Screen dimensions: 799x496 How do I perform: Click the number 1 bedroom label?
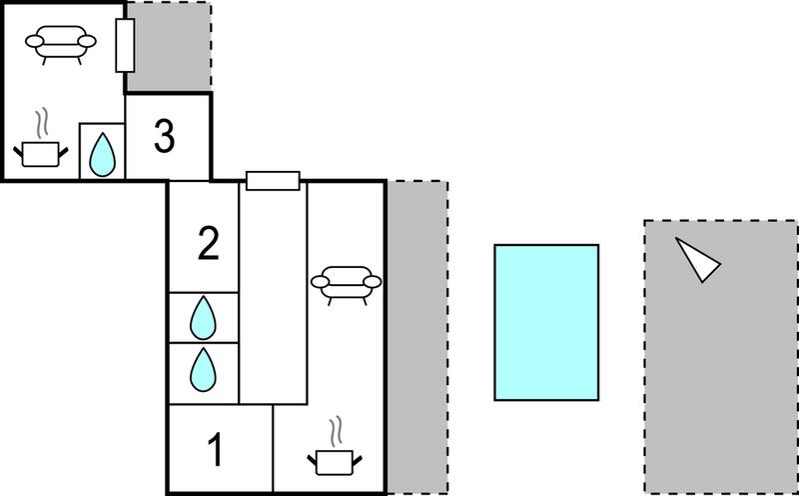pyautogui.click(x=216, y=450)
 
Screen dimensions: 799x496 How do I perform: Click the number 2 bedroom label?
pyautogui.click(x=209, y=243)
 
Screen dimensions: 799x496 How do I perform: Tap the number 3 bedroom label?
pyautogui.click(x=165, y=137)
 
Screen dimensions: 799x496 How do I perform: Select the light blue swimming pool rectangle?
pyautogui.click(x=546, y=323)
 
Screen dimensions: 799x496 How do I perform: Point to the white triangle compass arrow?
pyautogui.click(x=696, y=259)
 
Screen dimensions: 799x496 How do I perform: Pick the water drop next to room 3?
pyautogui.click(x=102, y=155)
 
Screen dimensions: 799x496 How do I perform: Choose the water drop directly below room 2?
pyautogui.click(x=203, y=318)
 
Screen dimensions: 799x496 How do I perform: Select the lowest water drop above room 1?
pyautogui.click(x=203, y=370)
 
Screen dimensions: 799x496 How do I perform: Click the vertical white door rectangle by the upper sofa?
pyautogui.click(x=125, y=45)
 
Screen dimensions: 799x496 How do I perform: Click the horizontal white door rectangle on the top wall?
pyautogui.click(x=273, y=181)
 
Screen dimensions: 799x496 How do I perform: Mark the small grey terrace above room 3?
pyautogui.click(x=169, y=47)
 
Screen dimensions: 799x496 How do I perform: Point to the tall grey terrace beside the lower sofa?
pyautogui.click(x=417, y=337)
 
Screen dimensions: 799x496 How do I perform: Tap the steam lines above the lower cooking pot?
pyautogui.click(x=335, y=432)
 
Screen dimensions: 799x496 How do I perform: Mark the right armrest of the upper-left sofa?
pyautogui.click(x=87, y=41)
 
